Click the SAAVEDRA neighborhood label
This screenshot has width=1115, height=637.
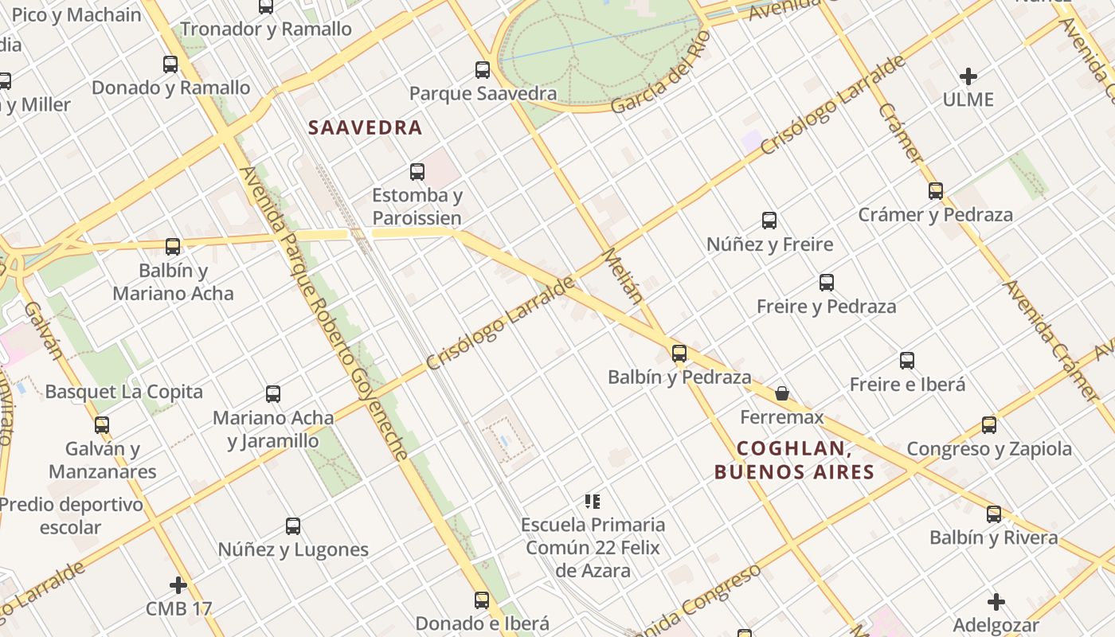[x=365, y=127]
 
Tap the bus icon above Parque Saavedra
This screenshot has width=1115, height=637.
[x=483, y=69]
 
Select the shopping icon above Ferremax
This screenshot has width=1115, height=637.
[x=782, y=393]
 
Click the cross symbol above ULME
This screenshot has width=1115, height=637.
[x=968, y=76]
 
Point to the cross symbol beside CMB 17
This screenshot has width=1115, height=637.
[x=178, y=585]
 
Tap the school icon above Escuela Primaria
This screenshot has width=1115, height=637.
[x=593, y=501]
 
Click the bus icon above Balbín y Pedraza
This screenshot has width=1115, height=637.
[x=679, y=354]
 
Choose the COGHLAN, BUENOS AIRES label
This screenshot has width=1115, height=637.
[x=794, y=460]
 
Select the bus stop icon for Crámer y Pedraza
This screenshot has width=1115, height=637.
[x=936, y=191]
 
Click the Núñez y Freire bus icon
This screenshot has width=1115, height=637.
[x=769, y=221]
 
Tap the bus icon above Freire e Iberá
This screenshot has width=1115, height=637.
[x=907, y=361]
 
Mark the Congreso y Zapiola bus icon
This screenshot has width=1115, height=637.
[x=989, y=425]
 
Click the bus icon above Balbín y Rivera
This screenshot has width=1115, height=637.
[x=994, y=514]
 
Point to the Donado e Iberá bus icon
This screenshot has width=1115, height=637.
[x=482, y=600]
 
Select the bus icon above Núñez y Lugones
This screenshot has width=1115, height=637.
[x=293, y=526]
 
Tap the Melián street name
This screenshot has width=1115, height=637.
[x=623, y=276]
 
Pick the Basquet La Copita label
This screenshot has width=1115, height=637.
[x=123, y=392]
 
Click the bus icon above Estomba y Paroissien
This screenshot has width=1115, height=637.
[x=417, y=172]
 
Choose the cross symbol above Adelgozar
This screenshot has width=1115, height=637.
[x=996, y=602]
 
